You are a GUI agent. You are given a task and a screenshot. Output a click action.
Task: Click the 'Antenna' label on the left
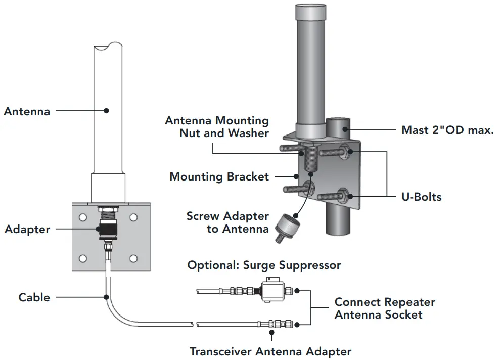point(27,111)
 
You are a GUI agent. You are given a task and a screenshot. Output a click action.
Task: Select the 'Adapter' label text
point(27,229)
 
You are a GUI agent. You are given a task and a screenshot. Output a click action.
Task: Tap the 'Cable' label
point(34,297)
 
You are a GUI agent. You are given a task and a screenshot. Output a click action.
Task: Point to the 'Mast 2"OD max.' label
point(447,130)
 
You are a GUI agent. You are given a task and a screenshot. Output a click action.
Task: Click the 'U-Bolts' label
point(422,196)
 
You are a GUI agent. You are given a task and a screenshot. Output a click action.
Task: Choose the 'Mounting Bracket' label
point(218,176)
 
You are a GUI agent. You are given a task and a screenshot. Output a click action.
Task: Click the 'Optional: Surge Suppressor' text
point(264,265)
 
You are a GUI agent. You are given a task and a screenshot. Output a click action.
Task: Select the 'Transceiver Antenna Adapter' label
point(270,351)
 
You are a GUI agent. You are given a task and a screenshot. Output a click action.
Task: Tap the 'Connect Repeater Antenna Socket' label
point(385,308)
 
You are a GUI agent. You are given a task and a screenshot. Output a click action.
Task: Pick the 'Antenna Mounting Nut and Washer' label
point(217,127)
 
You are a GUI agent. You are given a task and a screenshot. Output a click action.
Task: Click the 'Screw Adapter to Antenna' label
point(227,222)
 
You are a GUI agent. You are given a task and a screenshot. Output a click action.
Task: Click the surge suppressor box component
point(273,290)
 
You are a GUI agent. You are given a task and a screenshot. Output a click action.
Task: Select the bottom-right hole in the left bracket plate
point(133,258)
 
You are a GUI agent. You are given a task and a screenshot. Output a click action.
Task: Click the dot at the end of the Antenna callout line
point(106,110)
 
